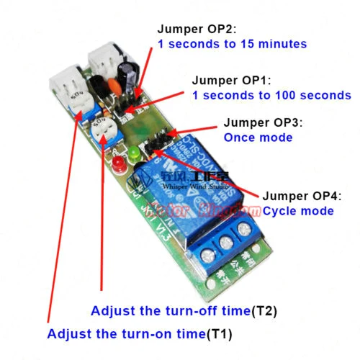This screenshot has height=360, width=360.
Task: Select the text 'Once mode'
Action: (x=258, y=137)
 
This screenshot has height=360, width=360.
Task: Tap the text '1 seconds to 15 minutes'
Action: (x=232, y=44)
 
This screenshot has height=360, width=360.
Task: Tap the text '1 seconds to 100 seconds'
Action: (x=271, y=95)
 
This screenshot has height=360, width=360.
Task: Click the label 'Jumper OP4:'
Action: (x=296, y=195)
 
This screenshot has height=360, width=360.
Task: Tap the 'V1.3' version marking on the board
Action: (x=163, y=229)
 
